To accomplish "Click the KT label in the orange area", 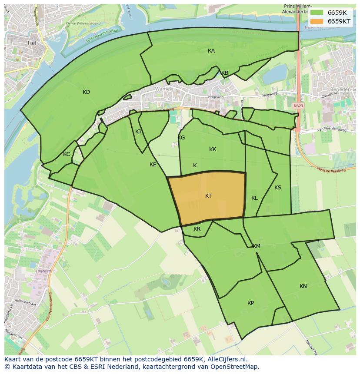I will pyautogui.click(x=208, y=196).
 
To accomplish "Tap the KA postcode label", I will pyautogui.click(x=211, y=51).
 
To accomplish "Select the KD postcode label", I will pyautogui.click(x=86, y=92).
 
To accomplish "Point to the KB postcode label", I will pyautogui.click(x=225, y=73).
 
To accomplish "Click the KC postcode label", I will pyautogui.click(x=67, y=154).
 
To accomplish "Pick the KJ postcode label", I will pyautogui.click(x=138, y=132).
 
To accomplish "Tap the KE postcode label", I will pyautogui.click(x=153, y=165).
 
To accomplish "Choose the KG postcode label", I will pyautogui.click(x=181, y=138).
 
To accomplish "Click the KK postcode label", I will pyautogui.click(x=213, y=149).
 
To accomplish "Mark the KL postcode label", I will pyautogui.click(x=254, y=198).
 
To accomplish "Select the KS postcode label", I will pyautogui.click(x=278, y=188).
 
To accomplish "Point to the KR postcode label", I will pyautogui.click(x=197, y=229).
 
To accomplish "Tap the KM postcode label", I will pyautogui.click(x=257, y=246).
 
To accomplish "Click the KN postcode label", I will pyautogui.click(x=303, y=286).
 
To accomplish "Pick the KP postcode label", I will pyautogui.click(x=250, y=303).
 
